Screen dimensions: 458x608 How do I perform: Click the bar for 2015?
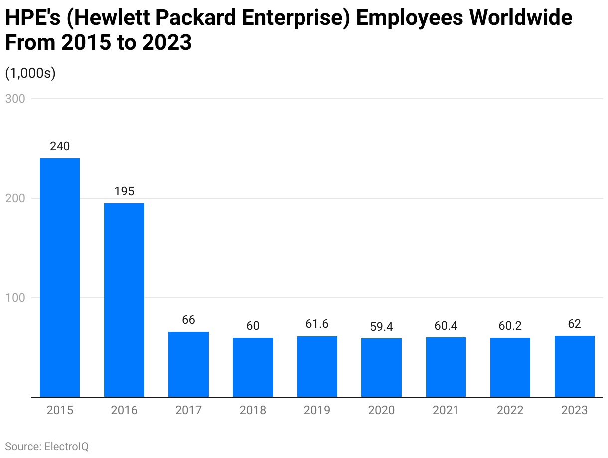click(60, 277)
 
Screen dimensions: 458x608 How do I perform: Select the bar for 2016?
click(124, 300)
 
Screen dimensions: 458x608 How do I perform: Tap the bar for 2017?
click(188, 364)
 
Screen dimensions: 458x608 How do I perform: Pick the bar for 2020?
click(381, 367)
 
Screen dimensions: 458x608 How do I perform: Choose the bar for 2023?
click(574, 366)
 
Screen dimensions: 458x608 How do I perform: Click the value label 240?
click(60, 147)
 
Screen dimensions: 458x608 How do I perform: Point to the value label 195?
click(124, 192)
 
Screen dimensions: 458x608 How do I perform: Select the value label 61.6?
click(317, 324)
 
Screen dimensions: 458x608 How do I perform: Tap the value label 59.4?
click(381, 327)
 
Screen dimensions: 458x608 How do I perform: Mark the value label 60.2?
click(510, 326)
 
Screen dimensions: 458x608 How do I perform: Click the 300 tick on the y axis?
click(15, 99)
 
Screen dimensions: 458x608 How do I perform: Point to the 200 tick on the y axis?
click(15, 198)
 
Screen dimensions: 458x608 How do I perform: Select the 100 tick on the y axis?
click(15, 298)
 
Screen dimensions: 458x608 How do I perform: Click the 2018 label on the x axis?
click(253, 411)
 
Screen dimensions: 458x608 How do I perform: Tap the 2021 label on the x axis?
click(446, 411)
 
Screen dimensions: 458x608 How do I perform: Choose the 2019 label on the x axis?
click(317, 411)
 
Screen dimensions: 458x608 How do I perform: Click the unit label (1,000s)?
click(30, 73)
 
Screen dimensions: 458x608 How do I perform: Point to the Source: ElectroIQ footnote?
click(47, 446)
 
